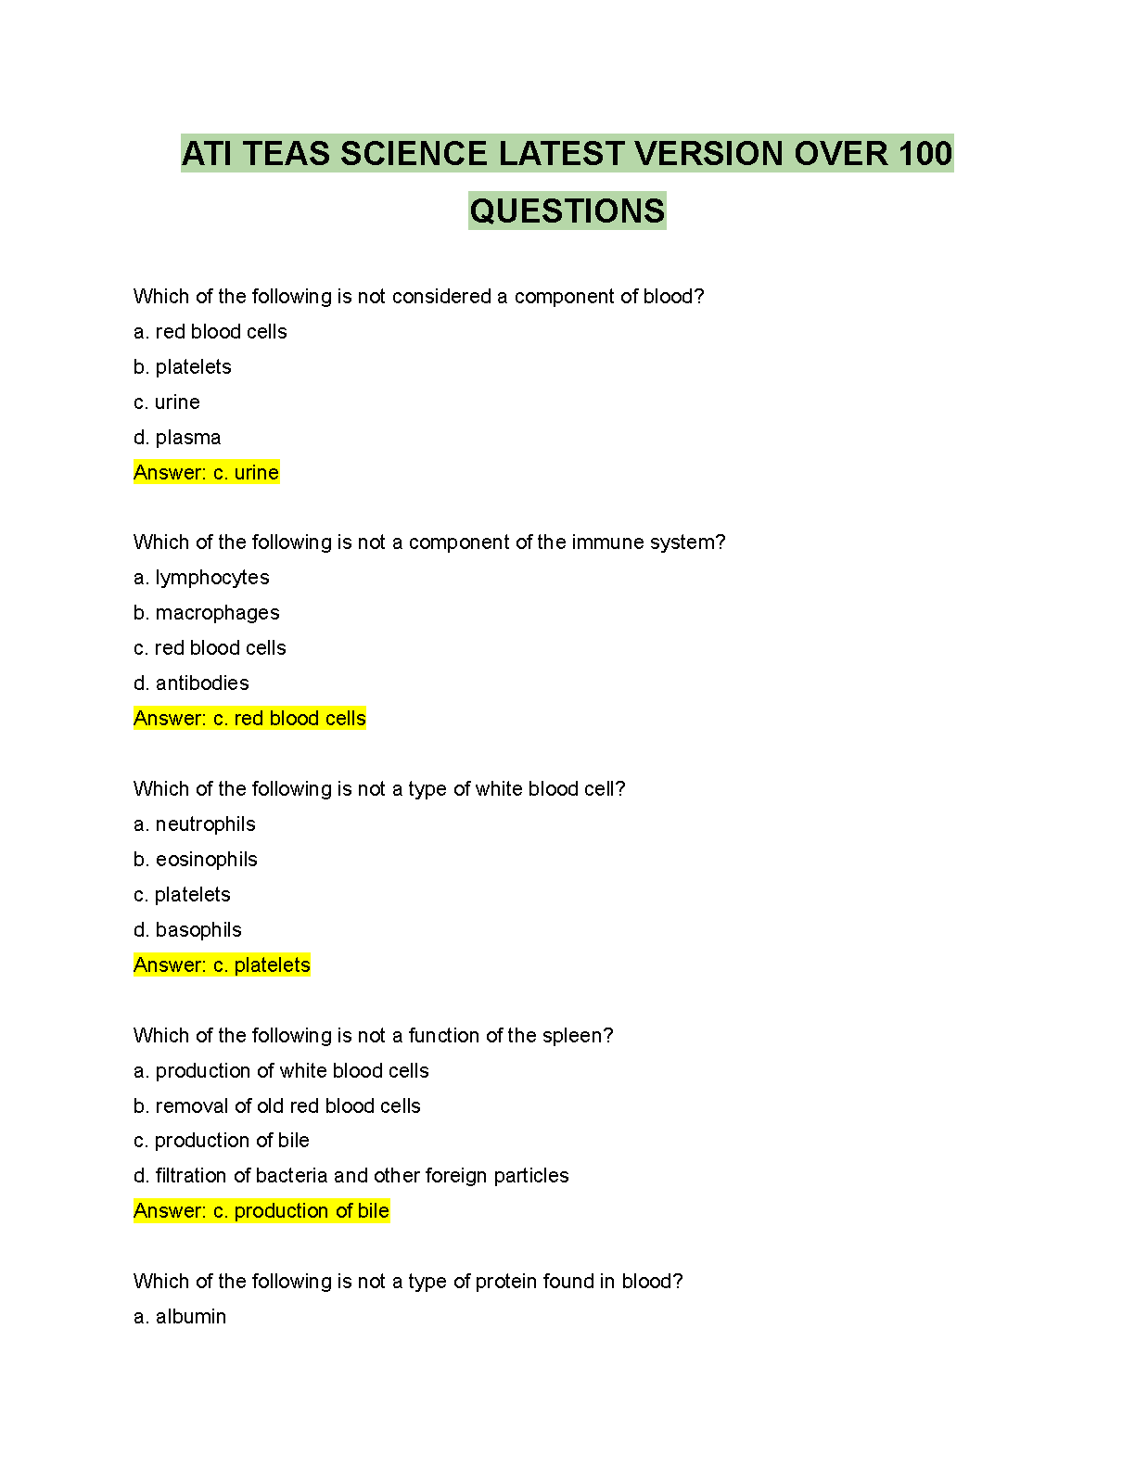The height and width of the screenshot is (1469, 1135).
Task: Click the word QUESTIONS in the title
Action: click(567, 211)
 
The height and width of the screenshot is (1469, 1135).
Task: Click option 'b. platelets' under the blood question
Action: click(183, 367)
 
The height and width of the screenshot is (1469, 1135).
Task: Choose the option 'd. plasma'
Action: click(177, 438)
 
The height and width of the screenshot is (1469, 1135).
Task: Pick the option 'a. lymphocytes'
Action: click(201, 578)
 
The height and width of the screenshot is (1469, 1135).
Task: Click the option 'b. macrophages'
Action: click(206, 613)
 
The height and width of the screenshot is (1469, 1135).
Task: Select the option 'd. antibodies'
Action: click(191, 683)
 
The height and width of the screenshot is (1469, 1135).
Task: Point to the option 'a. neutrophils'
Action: click(195, 824)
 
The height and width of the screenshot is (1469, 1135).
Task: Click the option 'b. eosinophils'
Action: click(196, 860)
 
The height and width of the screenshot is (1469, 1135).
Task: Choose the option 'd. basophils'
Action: click(187, 930)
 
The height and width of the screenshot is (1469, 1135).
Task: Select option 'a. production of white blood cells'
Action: click(281, 1071)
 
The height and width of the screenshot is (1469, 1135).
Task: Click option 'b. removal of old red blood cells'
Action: click(277, 1106)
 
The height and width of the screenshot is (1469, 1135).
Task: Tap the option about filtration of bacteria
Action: click(351, 1176)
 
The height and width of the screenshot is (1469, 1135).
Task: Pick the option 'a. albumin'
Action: click(180, 1317)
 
